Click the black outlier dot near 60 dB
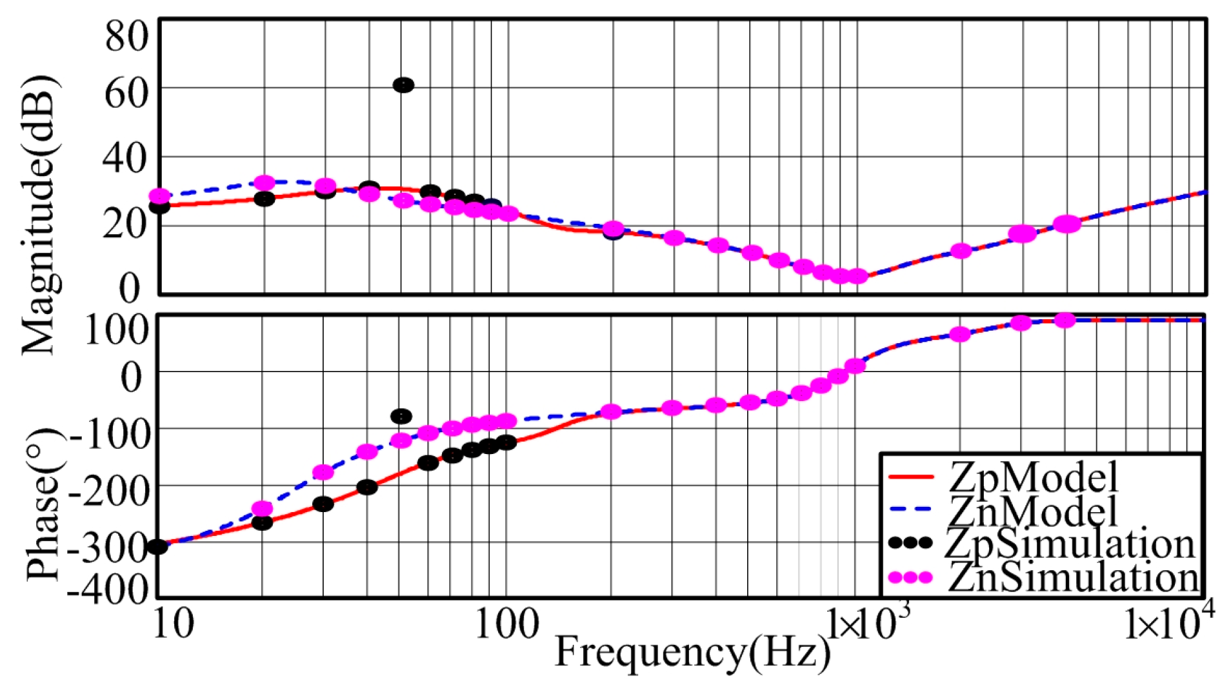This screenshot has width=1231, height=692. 403,85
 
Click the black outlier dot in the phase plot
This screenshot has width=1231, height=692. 401,416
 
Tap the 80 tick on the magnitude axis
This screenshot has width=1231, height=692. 127,35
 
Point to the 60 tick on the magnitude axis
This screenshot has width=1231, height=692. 127,94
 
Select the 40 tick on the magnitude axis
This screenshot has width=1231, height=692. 126,157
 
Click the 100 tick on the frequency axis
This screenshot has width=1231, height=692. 506,624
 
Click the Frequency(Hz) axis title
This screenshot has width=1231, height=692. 692,652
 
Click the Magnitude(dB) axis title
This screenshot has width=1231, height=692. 40,216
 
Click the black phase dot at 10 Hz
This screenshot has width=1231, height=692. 157,547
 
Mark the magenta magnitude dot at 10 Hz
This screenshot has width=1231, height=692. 159,196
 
